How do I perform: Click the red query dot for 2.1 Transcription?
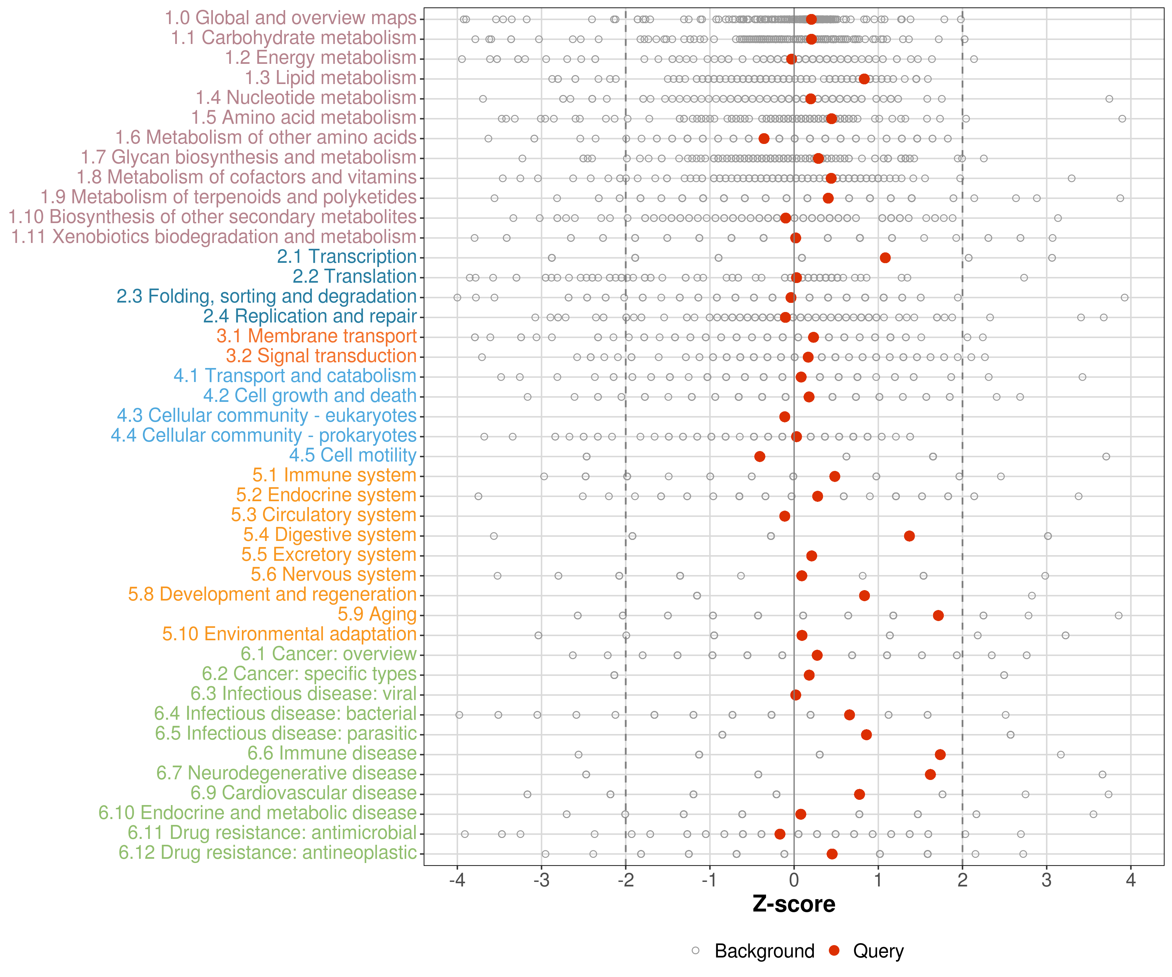(x=885, y=257)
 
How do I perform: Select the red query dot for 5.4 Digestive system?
(x=909, y=536)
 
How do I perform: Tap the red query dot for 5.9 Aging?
(x=938, y=615)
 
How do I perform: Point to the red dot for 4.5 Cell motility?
(x=760, y=456)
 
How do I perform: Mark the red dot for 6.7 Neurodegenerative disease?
(x=930, y=774)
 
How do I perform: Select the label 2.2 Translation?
(x=355, y=276)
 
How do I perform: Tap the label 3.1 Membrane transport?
(x=316, y=336)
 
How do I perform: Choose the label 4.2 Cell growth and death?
(x=310, y=395)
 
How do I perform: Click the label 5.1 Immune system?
(x=334, y=475)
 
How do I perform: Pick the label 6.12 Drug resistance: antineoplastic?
(x=267, y=853)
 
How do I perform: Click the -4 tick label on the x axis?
(x=457, y=880)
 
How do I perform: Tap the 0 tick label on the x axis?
(x=794, y=880)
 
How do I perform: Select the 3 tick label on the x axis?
(x=1046, y=880)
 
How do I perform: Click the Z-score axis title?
(x=794, y=904)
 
